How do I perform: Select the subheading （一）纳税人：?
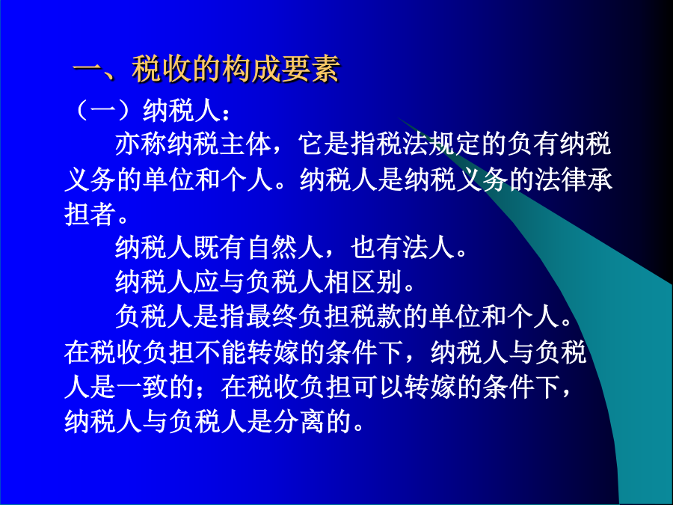tap(152, 111)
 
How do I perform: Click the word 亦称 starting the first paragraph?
tap(141, 144)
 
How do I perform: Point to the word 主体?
tap(245, 144)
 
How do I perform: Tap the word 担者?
tap(90, 213)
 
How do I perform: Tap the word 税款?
tap(376, 316)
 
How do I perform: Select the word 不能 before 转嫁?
tap(221, 352)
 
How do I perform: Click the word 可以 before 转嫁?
tap(378, 387)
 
